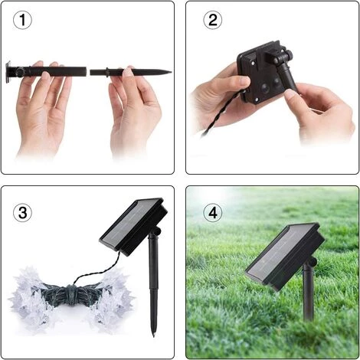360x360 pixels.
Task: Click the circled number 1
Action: coord(22,20)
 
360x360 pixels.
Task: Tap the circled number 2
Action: coord(213,20)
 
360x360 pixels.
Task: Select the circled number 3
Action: coord(22,213)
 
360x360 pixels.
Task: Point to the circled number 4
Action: coord(213,213)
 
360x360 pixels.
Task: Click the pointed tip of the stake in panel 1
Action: coord(170,72)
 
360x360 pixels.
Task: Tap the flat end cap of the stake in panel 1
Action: coord(8,72)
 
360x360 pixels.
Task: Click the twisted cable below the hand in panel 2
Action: coord(220,114)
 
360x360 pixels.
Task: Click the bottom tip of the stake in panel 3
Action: coord(154,335)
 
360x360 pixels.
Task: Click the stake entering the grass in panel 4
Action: coord(308,293)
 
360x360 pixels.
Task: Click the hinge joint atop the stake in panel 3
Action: coord(155,232)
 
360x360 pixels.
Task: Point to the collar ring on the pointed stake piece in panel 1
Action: coord(106,72)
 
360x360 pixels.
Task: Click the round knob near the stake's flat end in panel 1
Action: coord(19,72)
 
